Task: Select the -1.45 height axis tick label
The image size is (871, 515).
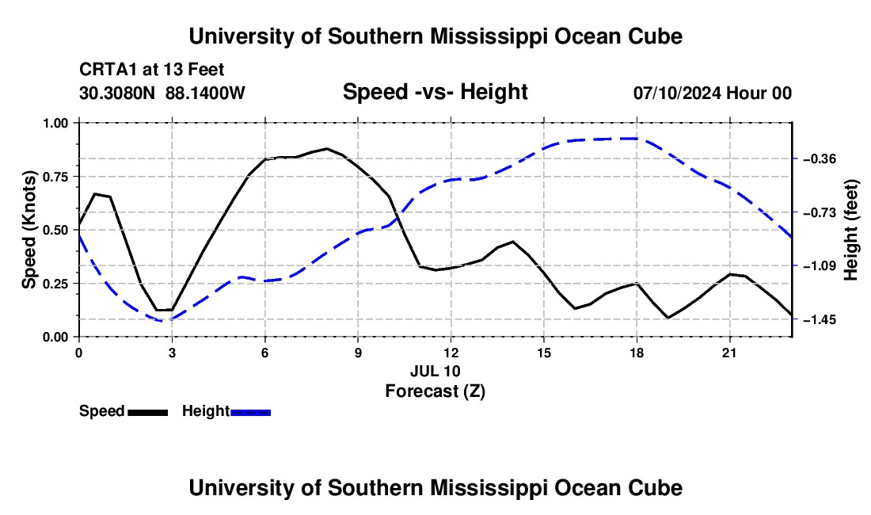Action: [x=820, y=319]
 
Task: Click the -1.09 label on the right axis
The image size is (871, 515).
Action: [x=820, y=266]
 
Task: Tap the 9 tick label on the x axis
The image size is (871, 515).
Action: [x=358, y=353]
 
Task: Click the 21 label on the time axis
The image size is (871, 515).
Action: [x=729, y=353]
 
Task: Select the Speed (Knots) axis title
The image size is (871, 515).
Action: [x=29, y=230]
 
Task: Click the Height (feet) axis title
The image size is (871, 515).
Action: [x=850, y=230]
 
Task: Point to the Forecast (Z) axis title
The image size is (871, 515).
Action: [x=435, y=391]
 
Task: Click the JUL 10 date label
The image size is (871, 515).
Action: [x=435, y=371]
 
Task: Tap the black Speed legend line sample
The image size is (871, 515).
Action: [x=148, y=413]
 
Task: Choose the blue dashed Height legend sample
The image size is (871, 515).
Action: [x=250, y=413]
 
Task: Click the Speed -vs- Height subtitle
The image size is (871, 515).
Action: [x=435, y=92]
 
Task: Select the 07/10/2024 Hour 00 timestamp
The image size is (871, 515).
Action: [x=713, y=93]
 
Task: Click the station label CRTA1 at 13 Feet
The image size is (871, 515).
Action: [x=152, y=70]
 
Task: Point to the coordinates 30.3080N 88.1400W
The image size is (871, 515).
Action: [x=162, y=93]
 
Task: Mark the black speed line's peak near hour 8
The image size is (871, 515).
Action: [x=327, y=148]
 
